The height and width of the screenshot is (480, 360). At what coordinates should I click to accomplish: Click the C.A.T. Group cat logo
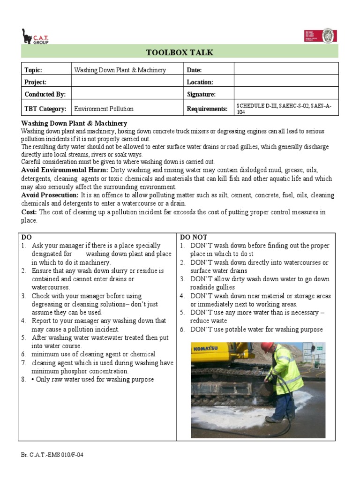tap(35, 36)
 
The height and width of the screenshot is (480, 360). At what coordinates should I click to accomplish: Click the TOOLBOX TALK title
tap(180, 52)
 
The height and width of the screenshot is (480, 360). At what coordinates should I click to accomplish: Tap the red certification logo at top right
tap(321, 36)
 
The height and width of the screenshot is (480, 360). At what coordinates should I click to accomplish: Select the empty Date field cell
tap(285, 69)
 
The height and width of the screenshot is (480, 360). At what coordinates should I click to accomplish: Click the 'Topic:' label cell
tap(46, 69)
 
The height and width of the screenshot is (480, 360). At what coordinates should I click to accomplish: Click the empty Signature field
tap(285, 94)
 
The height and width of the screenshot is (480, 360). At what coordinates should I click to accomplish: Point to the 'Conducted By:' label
tap(46, 94)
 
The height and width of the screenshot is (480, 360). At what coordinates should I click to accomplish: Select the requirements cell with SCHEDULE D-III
tap(285, 109)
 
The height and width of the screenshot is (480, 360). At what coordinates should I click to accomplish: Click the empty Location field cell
tap(285, 82)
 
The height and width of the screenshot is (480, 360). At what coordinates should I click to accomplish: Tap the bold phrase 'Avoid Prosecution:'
tap(50, 195)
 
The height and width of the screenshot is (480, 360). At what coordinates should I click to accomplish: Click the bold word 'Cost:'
tap(29, 212)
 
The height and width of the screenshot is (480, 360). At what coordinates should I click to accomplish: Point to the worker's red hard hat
tap(267, 347)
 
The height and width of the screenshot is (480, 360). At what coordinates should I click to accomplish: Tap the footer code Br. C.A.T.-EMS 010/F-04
tap(52, 455)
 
